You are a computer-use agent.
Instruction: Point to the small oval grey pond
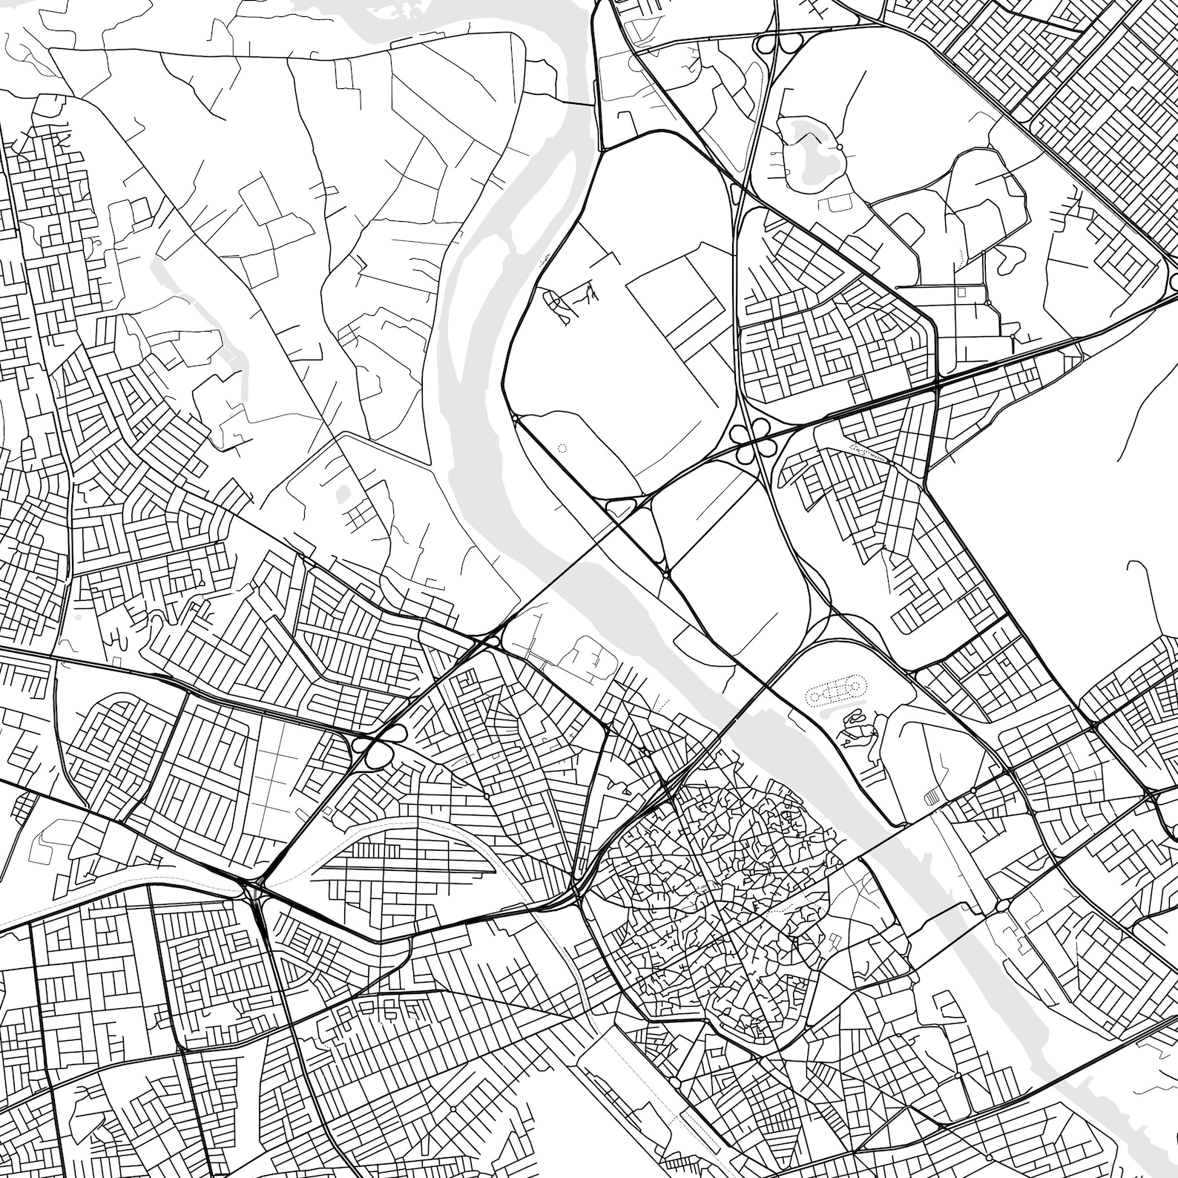342,491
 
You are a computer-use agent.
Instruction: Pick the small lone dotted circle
561,448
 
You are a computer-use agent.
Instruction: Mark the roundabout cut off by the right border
1173,282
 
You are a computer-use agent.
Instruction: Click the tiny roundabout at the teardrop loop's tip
666,573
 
